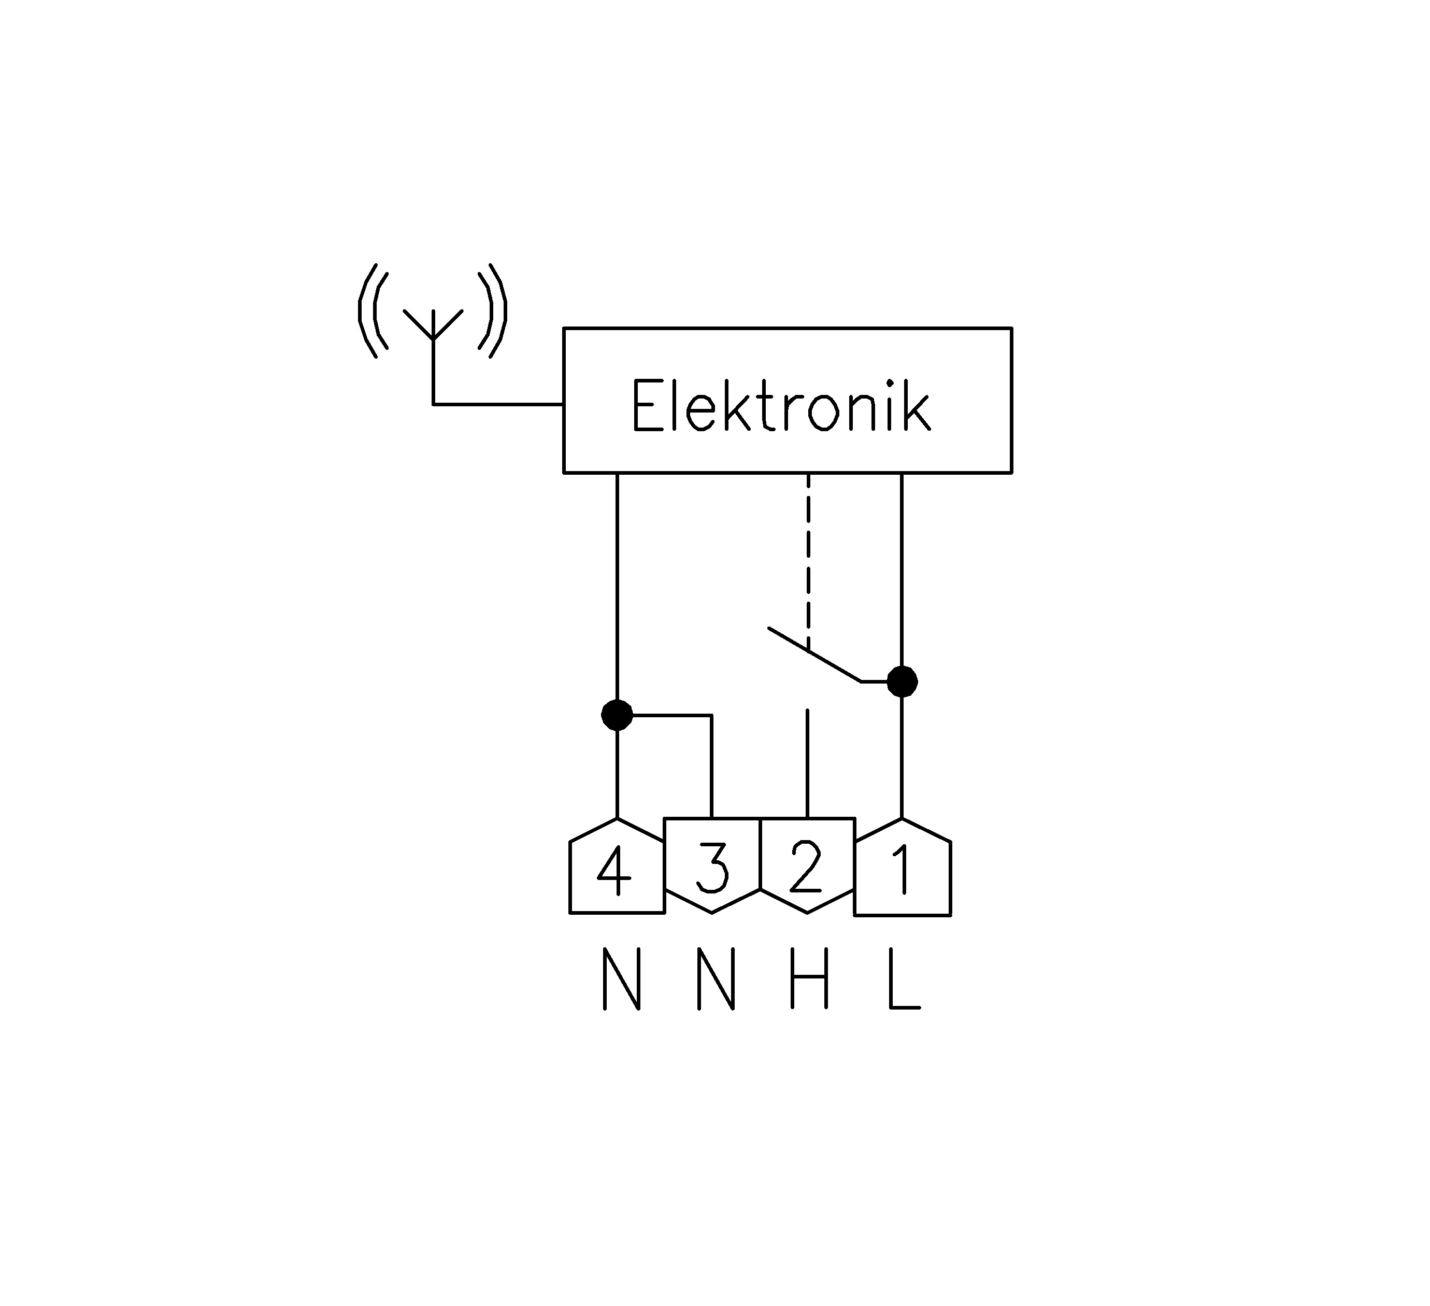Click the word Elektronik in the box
(781, 405)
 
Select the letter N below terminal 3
(716, 979)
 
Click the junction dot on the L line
(902, 682)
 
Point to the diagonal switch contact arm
(816, 655)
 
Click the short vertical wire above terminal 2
(807, 762)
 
